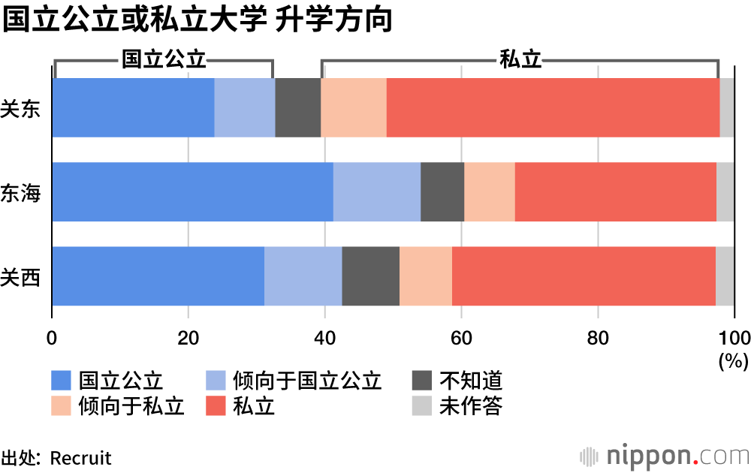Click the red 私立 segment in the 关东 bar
coord(553,107)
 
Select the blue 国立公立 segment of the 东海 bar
coord(192,191)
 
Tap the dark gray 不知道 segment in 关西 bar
coord(370,276)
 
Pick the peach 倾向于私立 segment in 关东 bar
coord(354,107)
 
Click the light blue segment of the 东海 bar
coord(376,191)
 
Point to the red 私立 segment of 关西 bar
coord(584,276)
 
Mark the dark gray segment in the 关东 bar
coord(297,107)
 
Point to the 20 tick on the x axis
coord(188,336)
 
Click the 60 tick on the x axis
coord(461,336)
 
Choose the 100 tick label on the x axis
coord(734,336)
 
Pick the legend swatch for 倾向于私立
coord(62,406)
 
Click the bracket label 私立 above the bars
coord(520,60)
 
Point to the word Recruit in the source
coord(80,457)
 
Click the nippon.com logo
coord(665,455)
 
